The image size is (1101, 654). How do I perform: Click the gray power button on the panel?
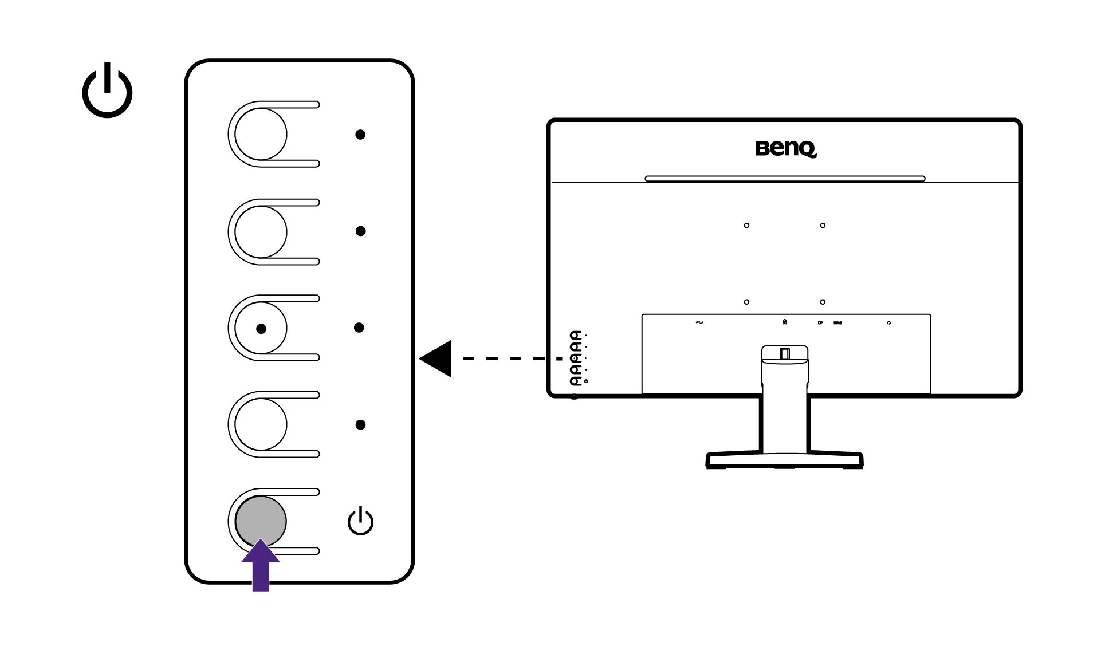click(261, 520)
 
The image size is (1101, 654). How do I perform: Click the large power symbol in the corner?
click(107, 91)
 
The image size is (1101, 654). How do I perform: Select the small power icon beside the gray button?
click(360, 521)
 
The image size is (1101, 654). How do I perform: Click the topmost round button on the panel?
click(261, 134)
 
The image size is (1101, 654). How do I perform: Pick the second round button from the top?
click(261, 231)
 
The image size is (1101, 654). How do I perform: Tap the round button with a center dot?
click(261, 328)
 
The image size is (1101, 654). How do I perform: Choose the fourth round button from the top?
click(261, 424)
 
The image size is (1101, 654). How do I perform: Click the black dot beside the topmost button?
click(360, 135)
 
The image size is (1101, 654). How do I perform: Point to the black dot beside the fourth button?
click(360, 424)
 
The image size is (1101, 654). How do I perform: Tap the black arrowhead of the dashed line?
click(437, 358)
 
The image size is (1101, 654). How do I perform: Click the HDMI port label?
click(837, 323)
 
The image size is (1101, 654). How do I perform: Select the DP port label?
click(820, 323)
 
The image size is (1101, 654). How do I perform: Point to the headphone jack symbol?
click(888, 323)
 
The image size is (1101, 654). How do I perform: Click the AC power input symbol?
click(699, 322)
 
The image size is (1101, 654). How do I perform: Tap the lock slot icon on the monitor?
click(784, 322)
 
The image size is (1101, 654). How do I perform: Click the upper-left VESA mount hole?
click(746, 226)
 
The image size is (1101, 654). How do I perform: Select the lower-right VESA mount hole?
click(823, 302)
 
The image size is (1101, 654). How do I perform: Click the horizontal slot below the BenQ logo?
click(785, 179)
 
